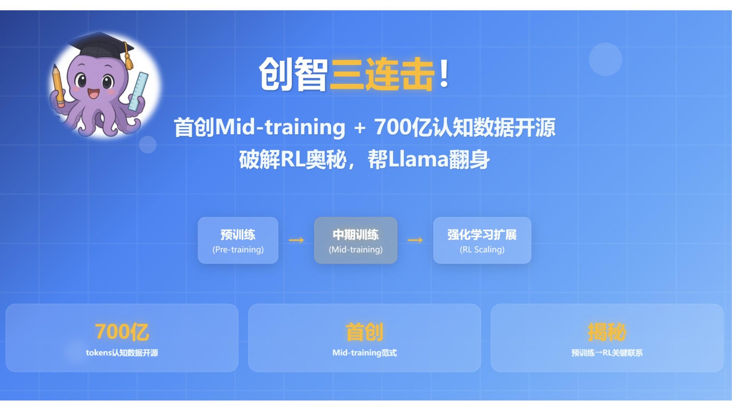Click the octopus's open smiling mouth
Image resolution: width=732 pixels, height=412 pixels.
tap(93, 93)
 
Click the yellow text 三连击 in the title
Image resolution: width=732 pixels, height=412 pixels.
tap(382, 74)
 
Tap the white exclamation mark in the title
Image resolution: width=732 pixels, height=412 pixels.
tap(444, 73)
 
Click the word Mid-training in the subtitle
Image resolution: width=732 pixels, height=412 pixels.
tap(280, 127)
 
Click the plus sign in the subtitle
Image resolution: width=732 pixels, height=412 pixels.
tap(360, 128)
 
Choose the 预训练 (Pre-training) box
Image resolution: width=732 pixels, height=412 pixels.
tap(238, 240)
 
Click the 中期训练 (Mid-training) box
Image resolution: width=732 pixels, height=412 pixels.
tap(356, 240)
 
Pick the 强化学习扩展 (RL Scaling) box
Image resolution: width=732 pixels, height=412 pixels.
tap(482, 240)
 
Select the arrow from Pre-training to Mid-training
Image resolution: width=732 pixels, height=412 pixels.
tap(296, 240)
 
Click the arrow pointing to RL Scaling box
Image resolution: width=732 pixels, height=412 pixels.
tap(415, 240)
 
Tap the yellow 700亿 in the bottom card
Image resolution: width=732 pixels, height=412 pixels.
tap(122, 332)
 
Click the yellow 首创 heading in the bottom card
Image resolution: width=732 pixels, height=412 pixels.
tap(364, 332)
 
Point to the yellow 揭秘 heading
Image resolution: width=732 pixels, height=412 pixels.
tap(607, 332)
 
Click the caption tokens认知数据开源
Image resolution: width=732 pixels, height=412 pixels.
tap(122, 353)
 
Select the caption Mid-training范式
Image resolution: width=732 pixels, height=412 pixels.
tap(364, 353)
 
